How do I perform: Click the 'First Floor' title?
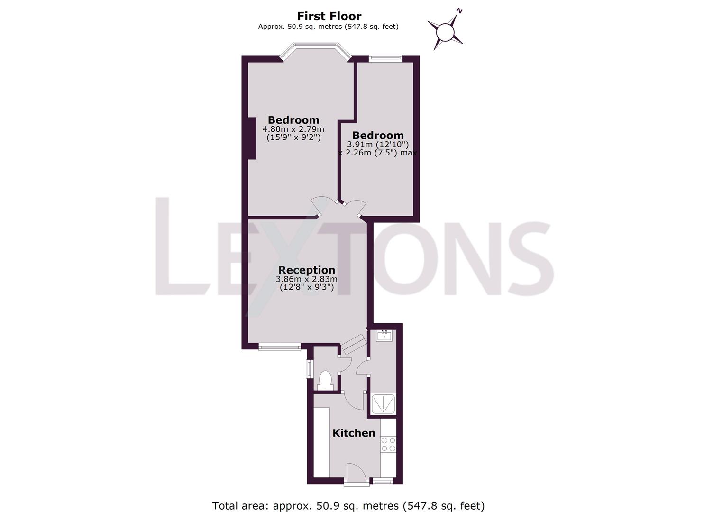[x=329, y=16]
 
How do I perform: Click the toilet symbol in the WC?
[x=325, y=380]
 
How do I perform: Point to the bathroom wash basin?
[x=384, y=336]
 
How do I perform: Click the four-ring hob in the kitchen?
[x=388, y=444]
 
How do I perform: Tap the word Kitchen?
[x=354, y=433]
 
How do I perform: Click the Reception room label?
[x=306, y=270]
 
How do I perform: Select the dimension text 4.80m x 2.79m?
[x=293, y=129]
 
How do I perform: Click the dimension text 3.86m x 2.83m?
[x=306, y=279]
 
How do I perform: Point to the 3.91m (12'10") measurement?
[x=378, y=145]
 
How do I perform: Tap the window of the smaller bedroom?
[x=385, y=58]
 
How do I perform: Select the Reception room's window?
[x=280, y=347]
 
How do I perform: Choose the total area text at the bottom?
[x=348, y=505]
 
